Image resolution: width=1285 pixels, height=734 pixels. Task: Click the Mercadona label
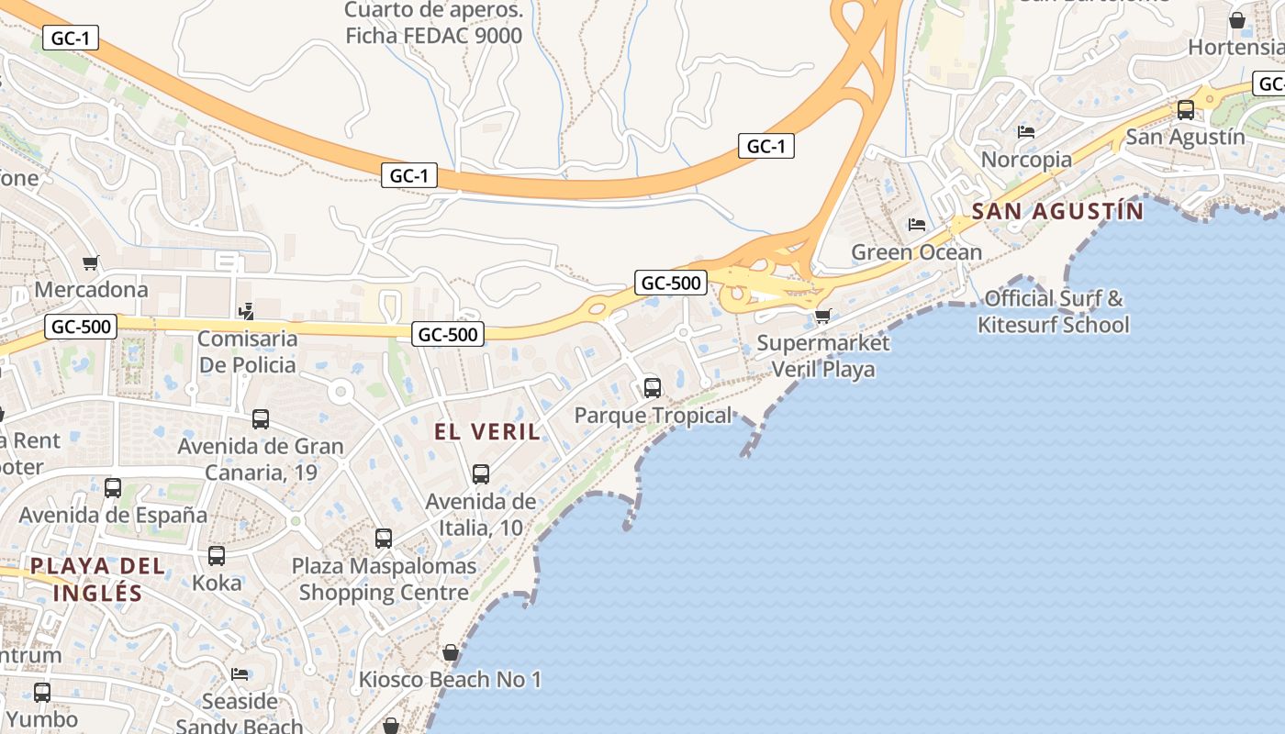click(91, 290)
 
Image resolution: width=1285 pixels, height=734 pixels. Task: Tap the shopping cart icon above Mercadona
click(91, 263)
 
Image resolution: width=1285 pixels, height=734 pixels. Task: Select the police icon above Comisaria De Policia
click(245, 312)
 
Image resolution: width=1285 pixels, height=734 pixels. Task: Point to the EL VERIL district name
click(487, 432)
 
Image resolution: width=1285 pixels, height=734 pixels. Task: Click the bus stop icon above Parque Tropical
click(653, 387)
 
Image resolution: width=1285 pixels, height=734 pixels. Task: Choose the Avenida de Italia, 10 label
click(480, 515)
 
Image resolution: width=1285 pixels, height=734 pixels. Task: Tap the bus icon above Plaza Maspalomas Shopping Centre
click(384, 539)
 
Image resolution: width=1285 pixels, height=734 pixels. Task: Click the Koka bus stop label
click(217, 583)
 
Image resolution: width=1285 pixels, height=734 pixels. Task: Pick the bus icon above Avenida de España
click(113, 488)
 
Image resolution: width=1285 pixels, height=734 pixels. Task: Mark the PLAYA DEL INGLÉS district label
click(98, 579)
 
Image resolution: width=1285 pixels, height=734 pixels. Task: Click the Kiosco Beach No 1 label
click(450, 680)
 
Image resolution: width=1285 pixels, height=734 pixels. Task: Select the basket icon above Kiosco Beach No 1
click(451, 652)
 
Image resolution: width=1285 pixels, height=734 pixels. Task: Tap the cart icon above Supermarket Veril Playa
click(822, 317)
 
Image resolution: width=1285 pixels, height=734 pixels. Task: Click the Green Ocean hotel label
click(916, 252)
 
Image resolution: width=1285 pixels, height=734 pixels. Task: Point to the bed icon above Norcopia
click(1026, 132)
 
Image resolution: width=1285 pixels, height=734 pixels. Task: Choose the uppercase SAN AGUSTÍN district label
click(1057, 212)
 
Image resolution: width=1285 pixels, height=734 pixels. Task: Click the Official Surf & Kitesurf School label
click(1053, 312)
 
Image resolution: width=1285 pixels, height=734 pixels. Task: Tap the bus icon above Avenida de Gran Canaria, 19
click(261, 419)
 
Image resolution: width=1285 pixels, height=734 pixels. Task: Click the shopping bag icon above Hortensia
click(1237, 20)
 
